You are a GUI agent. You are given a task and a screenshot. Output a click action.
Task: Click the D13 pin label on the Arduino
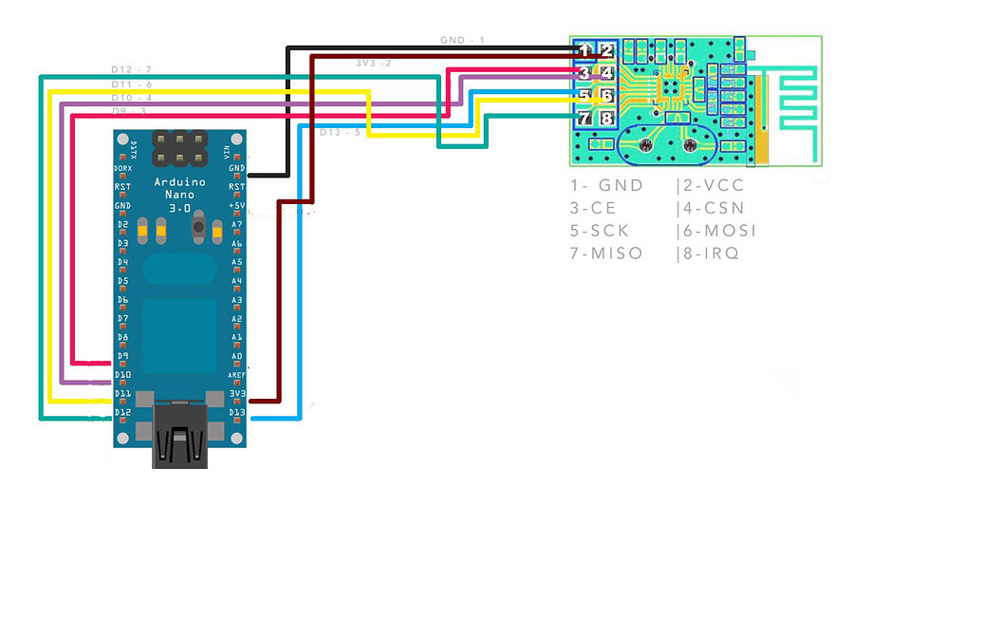pos(236,412)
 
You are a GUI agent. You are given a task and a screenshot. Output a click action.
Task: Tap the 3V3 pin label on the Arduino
pos(236,393)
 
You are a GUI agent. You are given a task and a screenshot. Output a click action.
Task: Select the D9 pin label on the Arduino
pos(122,356)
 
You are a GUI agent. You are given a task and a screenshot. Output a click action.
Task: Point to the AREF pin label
pos(235,375)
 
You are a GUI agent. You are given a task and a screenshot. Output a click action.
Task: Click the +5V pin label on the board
pos(236,206)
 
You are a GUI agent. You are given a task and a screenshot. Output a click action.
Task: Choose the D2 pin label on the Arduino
pos(122,225)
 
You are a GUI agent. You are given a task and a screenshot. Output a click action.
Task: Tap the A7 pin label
pos(236,225)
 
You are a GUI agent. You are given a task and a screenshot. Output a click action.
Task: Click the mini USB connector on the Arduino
pos(179,435)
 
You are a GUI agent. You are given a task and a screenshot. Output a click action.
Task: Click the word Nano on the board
pos(179,194)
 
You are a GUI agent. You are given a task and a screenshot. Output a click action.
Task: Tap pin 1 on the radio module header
pos(585,50)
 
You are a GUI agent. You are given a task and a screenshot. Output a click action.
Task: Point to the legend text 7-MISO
pos(606,253)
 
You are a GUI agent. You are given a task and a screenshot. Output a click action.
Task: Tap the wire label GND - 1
pos(462,41)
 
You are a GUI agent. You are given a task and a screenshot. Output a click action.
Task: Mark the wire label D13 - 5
pos(340,132)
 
